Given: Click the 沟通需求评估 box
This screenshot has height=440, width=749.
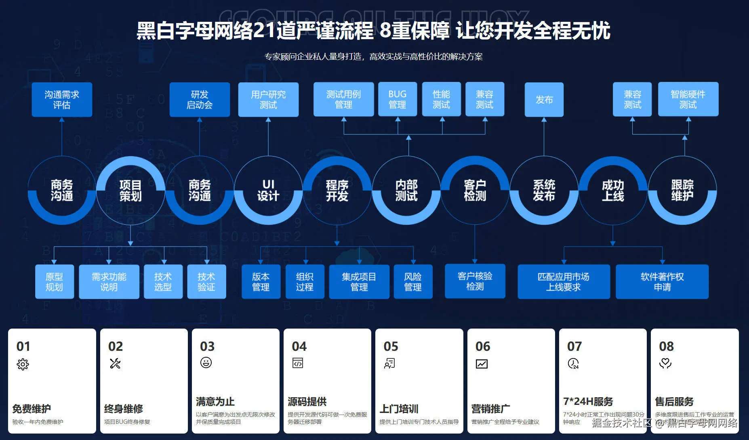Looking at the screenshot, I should (62, 100).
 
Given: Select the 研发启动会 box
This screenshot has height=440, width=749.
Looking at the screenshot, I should (200, 100).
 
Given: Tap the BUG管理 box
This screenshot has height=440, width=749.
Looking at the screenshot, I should (398, 99).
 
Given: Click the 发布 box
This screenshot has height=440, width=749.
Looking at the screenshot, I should (544, 100).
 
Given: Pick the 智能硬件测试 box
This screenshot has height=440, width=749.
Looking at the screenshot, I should (688, 99).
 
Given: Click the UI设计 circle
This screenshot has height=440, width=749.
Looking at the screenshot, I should (268, 191).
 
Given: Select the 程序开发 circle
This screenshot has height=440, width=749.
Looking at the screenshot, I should (337, 191).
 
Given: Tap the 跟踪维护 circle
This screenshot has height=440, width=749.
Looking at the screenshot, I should (682, 191).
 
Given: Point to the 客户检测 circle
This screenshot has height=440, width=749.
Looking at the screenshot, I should (475, 191).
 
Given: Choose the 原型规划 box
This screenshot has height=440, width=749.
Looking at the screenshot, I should (54, 282).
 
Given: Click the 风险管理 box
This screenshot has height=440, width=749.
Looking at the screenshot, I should (413, 282).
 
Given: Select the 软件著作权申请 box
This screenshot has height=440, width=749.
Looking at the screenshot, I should (662, 282).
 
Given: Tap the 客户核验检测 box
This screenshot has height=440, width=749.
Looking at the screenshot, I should (475, 281).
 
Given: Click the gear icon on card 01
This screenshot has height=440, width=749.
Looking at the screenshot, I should (23, 364).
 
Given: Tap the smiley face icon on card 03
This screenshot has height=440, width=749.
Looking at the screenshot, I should (206, 362).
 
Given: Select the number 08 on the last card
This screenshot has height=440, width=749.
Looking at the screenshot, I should (666, 346).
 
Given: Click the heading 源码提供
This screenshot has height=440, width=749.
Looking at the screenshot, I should (307, 402).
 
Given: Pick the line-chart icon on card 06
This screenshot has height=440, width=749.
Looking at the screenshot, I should (482, 364).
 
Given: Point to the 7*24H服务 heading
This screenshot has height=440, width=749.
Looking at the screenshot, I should (588, 402).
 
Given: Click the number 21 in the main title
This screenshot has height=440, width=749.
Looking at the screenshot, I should (264, 31).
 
